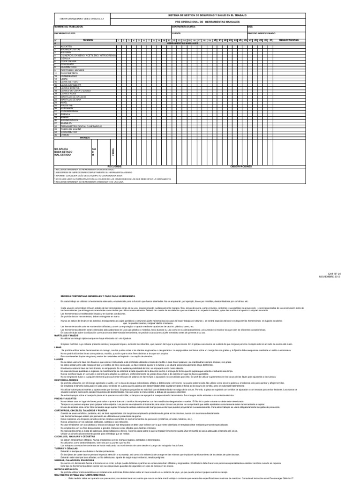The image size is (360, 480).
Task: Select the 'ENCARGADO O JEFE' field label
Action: point(65,34)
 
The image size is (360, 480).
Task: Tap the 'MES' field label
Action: point(250,27)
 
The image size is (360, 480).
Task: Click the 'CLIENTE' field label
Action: point(176,34)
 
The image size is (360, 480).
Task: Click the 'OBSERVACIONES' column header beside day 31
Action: point(289,40)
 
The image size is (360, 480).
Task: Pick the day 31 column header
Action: point(271,40)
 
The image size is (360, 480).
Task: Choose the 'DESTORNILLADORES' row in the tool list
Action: point(68,70)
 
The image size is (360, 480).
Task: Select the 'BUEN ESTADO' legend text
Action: point(64,151)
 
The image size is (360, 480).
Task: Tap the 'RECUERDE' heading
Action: point(114,166)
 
